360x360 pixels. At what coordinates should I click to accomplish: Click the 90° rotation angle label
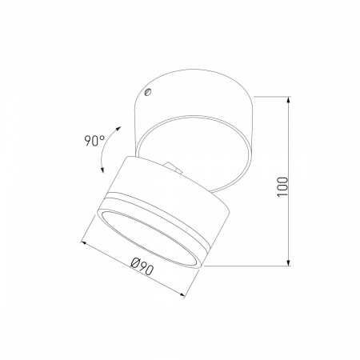coord(94,141)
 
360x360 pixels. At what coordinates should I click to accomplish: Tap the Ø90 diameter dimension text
coord(142,266)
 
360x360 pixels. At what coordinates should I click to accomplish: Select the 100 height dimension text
coord(282,186)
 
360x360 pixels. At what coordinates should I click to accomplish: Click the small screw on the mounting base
coord(147,92)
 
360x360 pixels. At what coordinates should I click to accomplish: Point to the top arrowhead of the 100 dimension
coord(289,101)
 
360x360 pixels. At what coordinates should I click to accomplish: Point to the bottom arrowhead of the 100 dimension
coord(289,262)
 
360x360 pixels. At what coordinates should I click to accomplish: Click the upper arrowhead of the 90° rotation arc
coord(118,129)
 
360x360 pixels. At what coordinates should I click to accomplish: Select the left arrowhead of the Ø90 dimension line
coord(84,242)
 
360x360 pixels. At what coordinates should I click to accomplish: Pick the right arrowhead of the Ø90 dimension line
coord(182,294)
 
